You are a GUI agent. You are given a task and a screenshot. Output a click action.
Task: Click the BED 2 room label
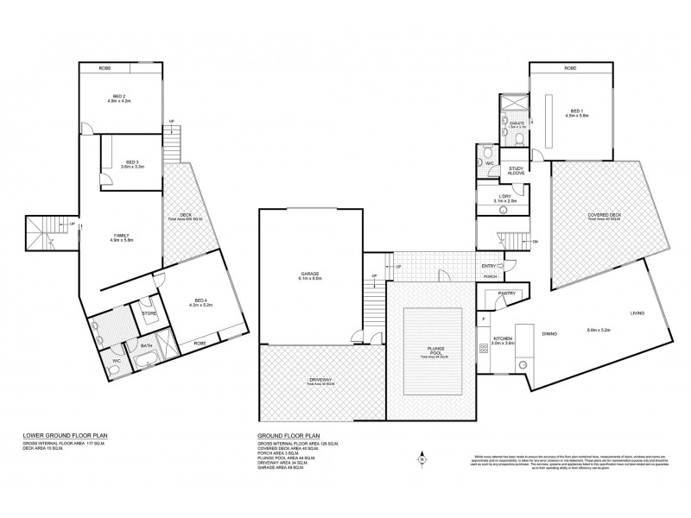click(120, 97)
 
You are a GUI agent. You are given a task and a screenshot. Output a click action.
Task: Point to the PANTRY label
click(506, 294)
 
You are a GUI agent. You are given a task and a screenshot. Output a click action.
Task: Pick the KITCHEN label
click(504, 339)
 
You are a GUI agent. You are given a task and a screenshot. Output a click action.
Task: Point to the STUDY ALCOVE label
click(517, 170)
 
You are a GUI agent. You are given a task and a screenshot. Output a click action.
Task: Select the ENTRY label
click(489, 266)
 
